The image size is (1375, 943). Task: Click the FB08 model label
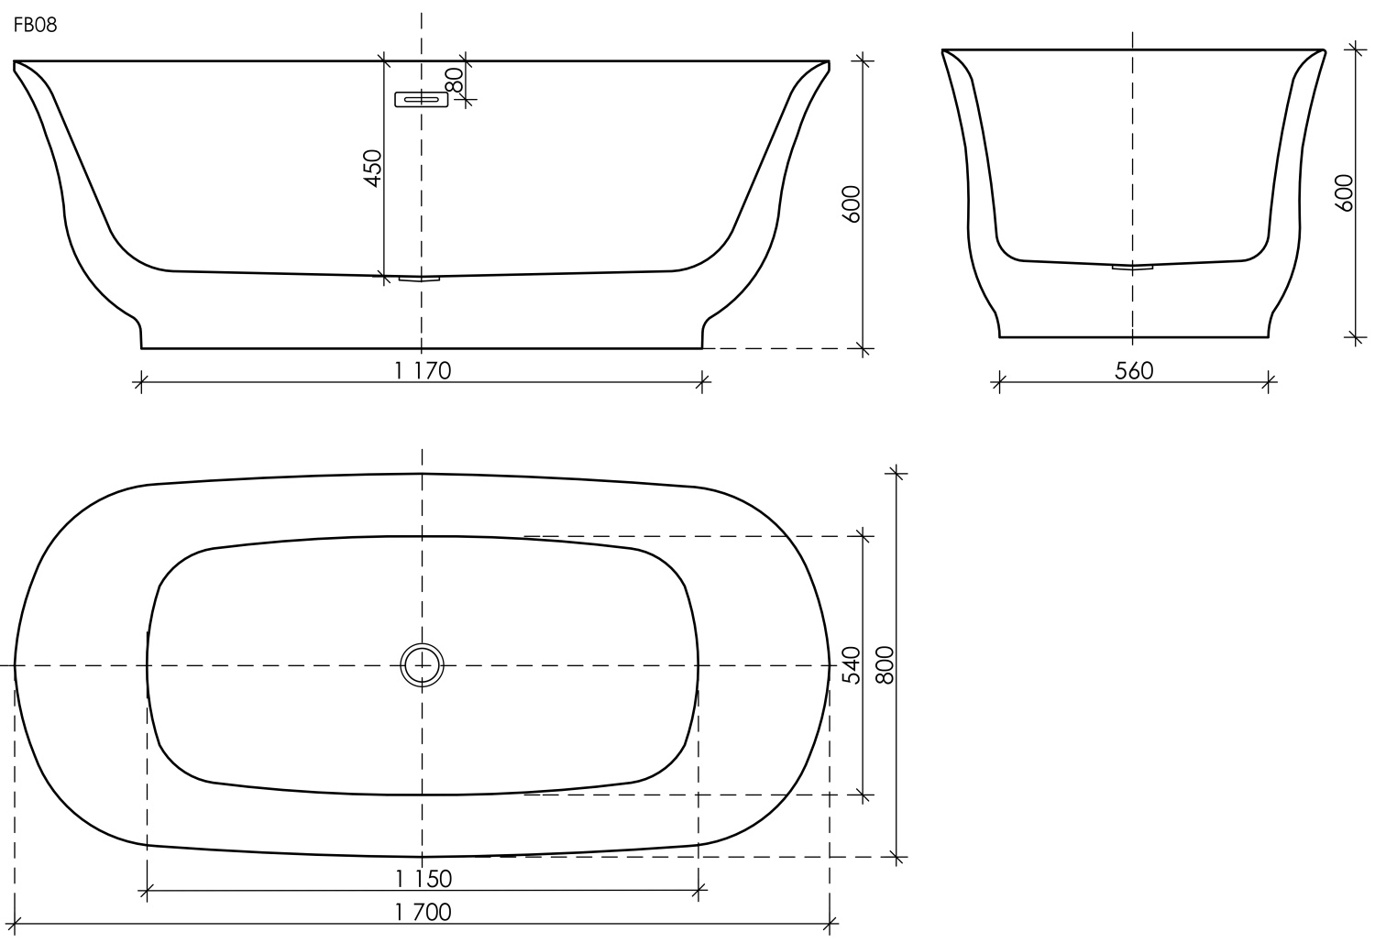click(35, 26)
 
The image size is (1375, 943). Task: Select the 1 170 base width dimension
click(423, 371)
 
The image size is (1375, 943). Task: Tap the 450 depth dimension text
click(372, 169)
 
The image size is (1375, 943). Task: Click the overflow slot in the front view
click(421, 99)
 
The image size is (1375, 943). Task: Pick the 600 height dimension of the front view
click(851, 204)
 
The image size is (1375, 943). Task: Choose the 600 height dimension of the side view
click(1344, 192)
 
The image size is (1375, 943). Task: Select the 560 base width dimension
click(1134, 370)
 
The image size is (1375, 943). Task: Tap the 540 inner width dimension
click(851, 664)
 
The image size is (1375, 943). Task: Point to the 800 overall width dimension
click(885, 664)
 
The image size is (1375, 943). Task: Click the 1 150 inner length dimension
click(423, 878)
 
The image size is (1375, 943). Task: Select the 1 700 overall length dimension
click(423, 912)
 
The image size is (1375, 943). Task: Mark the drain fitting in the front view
click(420, 278)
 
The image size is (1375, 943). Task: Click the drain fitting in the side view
click(1132, 267)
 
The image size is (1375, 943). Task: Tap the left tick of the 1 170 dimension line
click(140, 383)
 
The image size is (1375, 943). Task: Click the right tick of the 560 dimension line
click(1270, 382)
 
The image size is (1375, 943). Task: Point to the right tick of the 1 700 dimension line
click(830, 924)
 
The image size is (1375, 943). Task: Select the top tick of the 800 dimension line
click(896, 473)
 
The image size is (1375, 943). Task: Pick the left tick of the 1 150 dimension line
click(147, 889)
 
